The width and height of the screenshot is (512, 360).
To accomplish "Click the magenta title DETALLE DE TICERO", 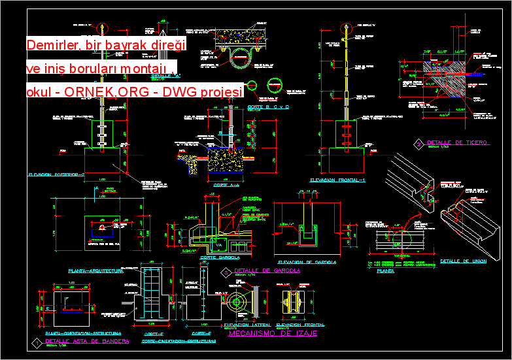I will [456, 142].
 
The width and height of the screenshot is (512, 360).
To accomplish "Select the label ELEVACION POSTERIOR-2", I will [57, 175].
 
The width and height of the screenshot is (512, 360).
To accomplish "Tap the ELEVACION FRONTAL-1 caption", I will [337, 180].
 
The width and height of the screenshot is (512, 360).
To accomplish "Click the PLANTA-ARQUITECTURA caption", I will [95, 270].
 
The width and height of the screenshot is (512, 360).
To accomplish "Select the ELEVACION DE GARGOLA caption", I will [307, 262].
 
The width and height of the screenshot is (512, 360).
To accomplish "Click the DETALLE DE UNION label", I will [463, 261].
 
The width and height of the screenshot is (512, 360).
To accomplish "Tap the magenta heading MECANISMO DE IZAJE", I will [273, 333].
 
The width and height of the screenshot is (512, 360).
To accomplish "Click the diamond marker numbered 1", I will [34, 342].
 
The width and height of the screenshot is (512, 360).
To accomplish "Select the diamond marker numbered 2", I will [418, 143].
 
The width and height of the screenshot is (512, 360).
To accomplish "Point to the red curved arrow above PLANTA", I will [407, 225].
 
